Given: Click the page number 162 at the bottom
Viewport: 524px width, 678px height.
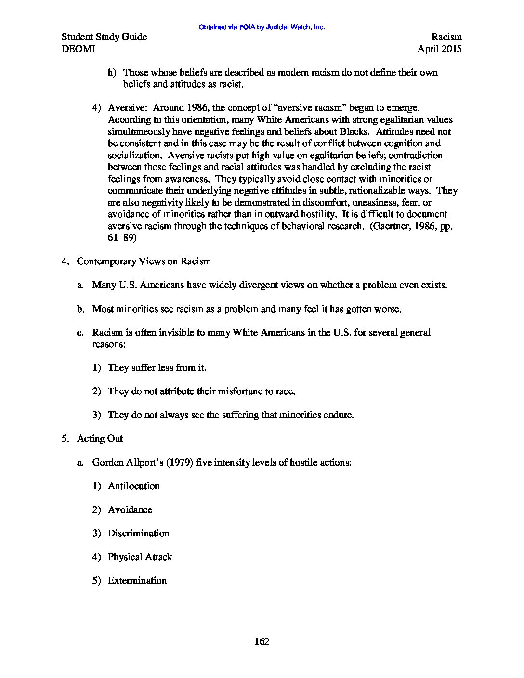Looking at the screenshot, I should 262,641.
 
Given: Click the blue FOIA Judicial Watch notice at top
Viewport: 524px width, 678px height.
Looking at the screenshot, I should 262,27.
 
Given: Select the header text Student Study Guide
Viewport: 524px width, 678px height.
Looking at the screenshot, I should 105,37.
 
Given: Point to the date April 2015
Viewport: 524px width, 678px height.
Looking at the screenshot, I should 439,49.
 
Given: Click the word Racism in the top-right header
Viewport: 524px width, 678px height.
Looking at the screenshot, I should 446,37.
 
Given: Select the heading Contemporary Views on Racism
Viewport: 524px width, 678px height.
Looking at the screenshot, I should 144,261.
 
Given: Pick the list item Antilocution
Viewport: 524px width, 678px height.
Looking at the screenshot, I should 133,486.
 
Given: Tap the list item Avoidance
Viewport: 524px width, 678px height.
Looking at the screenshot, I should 130,509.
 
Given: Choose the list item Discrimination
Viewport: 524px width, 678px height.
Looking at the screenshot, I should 138,533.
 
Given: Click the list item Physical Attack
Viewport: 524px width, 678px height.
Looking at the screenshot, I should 140,557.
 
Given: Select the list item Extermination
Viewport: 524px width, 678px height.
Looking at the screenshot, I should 137,580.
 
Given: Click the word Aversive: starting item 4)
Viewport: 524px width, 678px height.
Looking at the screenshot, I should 124,108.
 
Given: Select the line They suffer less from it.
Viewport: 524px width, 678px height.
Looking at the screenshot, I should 157,367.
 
